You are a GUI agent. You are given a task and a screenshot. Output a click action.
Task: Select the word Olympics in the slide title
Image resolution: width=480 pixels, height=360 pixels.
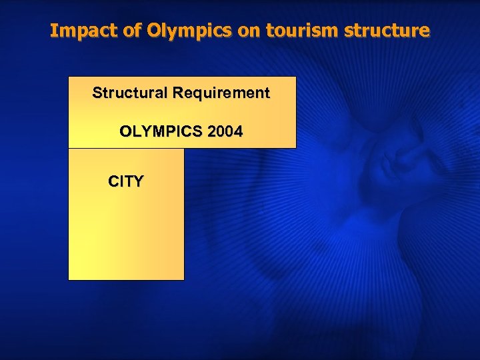pyautogui.click(x=170, y=31)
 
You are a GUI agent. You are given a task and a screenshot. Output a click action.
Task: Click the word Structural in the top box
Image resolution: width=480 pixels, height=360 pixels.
pyautogui.click(x=129, y=93)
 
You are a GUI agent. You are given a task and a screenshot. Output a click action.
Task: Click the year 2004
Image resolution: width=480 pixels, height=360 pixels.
pyautogui.click(x=225, y=132)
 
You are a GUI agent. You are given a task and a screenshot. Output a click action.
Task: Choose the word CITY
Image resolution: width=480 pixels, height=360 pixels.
pyautogui.click(x=126, y=181)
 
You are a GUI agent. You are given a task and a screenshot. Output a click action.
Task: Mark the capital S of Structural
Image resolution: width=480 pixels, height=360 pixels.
pyautogui.click(x=97, y=93)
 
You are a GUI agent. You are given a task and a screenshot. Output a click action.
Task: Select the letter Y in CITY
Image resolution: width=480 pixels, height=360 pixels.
pyautogui.click(x=138, y=181)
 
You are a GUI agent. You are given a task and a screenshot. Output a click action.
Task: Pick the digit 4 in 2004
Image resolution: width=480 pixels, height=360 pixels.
pyautogui.click(x=238, y=132)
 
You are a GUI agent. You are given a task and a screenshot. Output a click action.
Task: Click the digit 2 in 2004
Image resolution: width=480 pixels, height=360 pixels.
pyautogui.click(x=212, y=132)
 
